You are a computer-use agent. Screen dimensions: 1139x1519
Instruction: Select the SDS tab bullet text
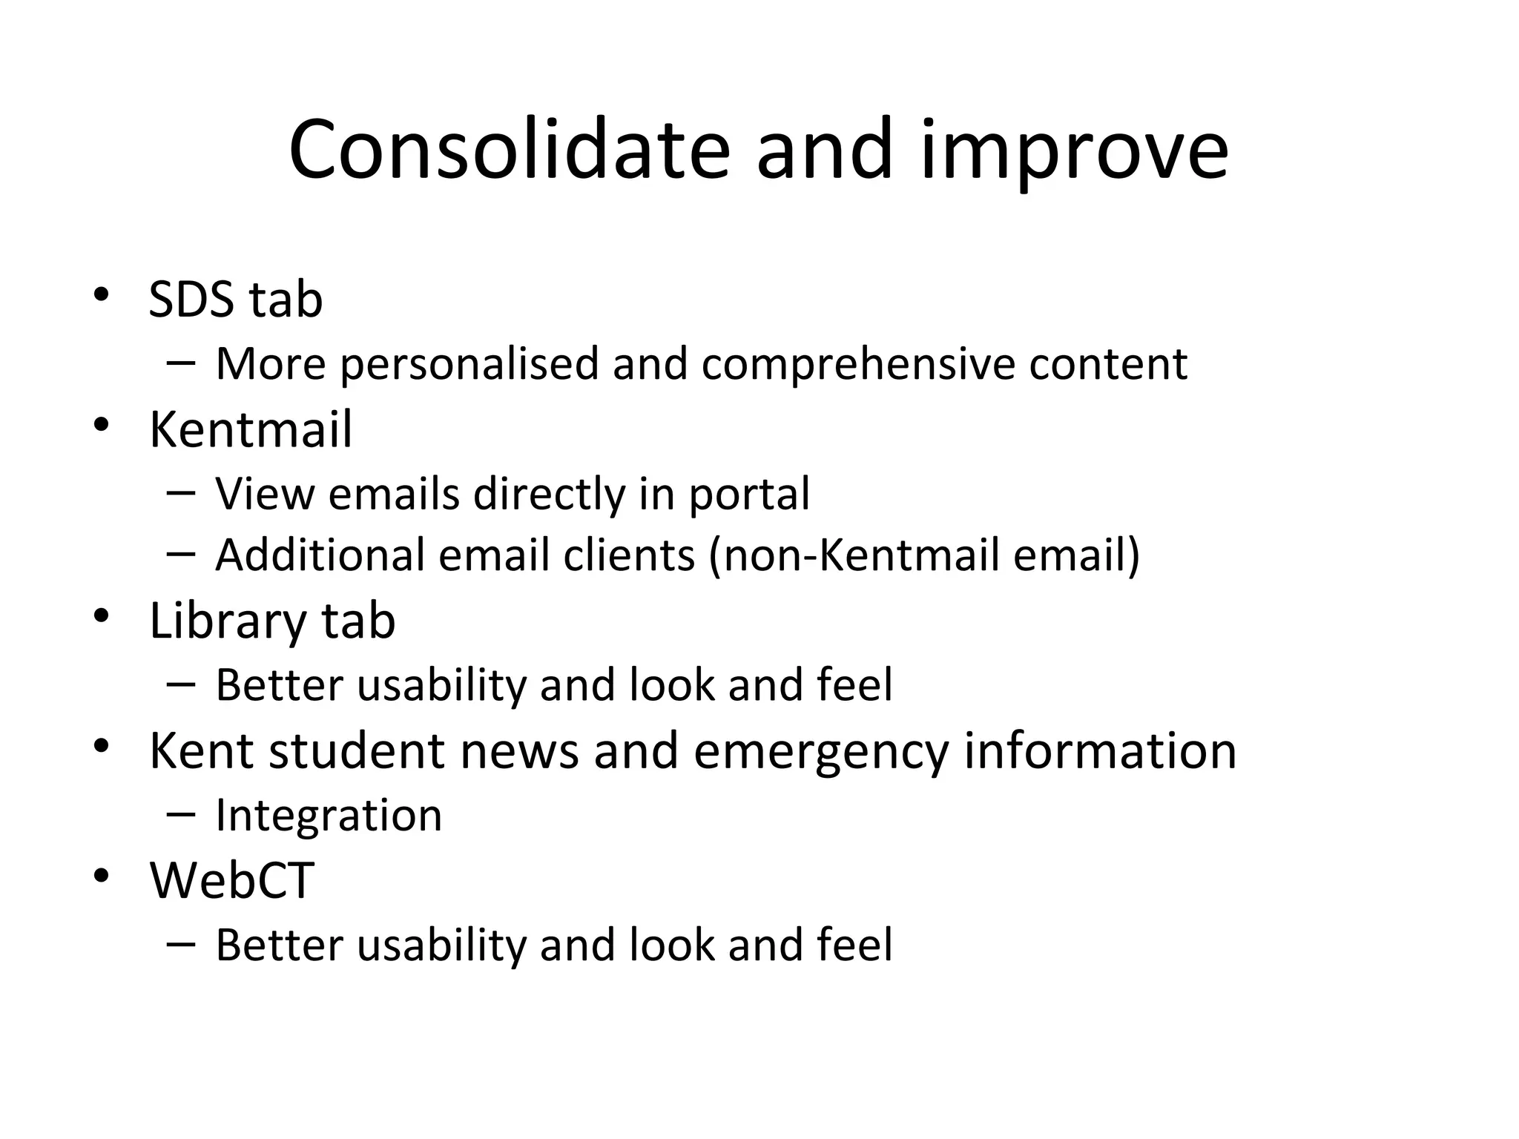(x=236, y=300)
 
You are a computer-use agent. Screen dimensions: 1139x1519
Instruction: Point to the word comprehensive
(x=857, y=364)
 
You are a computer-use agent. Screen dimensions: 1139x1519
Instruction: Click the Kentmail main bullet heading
(x=251, y=429)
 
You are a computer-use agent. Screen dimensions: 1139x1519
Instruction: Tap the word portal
(x=749, y=495)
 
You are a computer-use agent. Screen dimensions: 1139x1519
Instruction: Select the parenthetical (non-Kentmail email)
(x=924, y=555)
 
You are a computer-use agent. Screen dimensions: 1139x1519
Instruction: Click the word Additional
(x=320, y=555)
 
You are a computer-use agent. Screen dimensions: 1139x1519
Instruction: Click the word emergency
(x=821, y=751)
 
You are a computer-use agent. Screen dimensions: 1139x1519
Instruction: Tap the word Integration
(x=329, y=816)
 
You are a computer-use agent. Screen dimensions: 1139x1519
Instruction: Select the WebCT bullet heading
(x=232, y=881)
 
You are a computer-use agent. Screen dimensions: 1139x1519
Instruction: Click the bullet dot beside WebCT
(x=102, y=876)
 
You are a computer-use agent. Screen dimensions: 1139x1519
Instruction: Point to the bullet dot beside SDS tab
(x=102, y=295)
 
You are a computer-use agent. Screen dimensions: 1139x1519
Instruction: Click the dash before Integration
(x=182, y=814)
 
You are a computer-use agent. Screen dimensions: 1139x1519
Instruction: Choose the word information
(x=1100, y=751)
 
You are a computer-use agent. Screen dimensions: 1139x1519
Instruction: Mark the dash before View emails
(x=182, y=493)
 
